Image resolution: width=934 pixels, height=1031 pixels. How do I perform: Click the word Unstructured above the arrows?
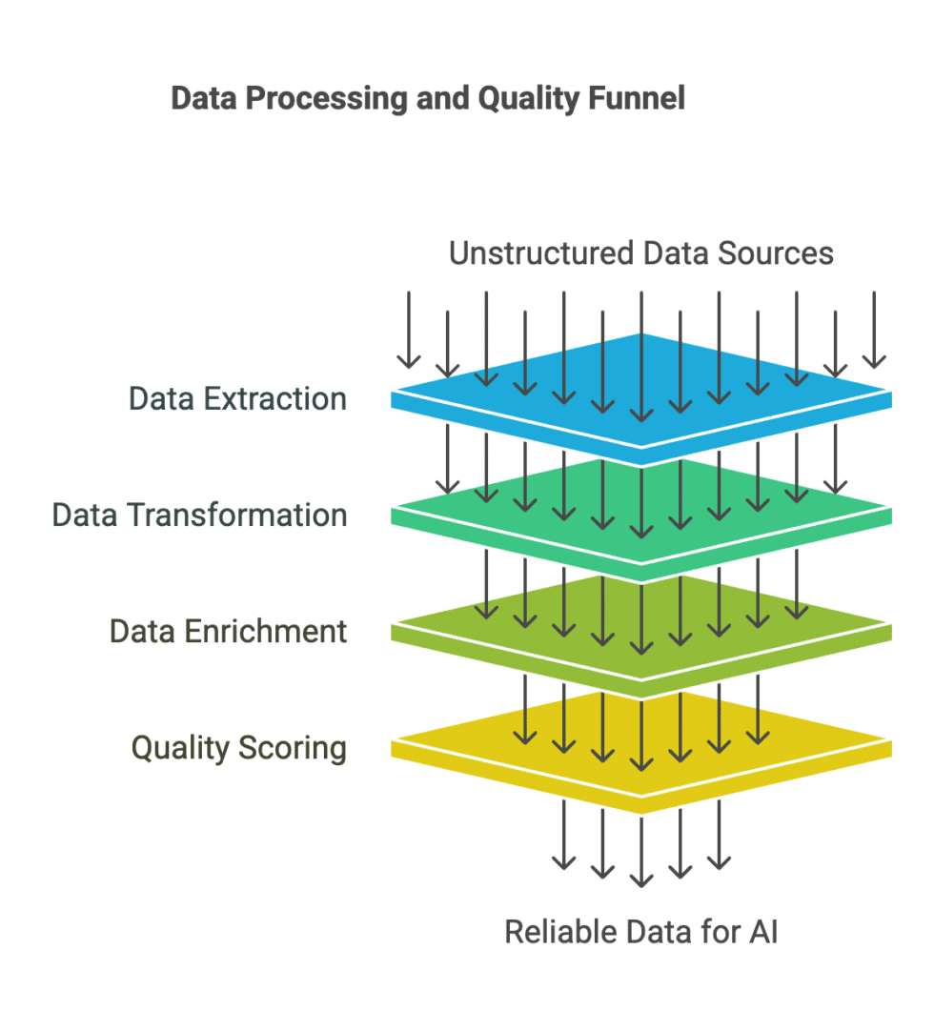pyautogui.click(x=540, y=253)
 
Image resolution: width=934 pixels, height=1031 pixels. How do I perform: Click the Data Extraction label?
pyautogui.click(x=237, y=398)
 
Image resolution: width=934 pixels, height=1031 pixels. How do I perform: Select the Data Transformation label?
pyautogui.click(x=199, y=515)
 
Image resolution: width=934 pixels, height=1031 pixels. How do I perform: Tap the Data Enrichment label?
pyautogui.click(x=228, y=631)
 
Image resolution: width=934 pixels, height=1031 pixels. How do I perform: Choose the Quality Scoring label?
pyautogui.click(x=238, y=747)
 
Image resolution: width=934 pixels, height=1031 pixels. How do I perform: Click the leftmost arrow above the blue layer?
pyautogui.click(x=409, y=329)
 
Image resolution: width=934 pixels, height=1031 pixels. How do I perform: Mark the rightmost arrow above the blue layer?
pyautogui.click(x=874, y=329)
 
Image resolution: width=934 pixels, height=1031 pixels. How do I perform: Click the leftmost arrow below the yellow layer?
pyautogui.click(x=564, y=834)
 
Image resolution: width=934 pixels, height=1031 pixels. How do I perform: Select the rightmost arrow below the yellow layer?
pyautogui.click(x=719, y=834)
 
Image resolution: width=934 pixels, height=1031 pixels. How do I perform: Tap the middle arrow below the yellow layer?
pyautogui.click(x=641, y=848)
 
